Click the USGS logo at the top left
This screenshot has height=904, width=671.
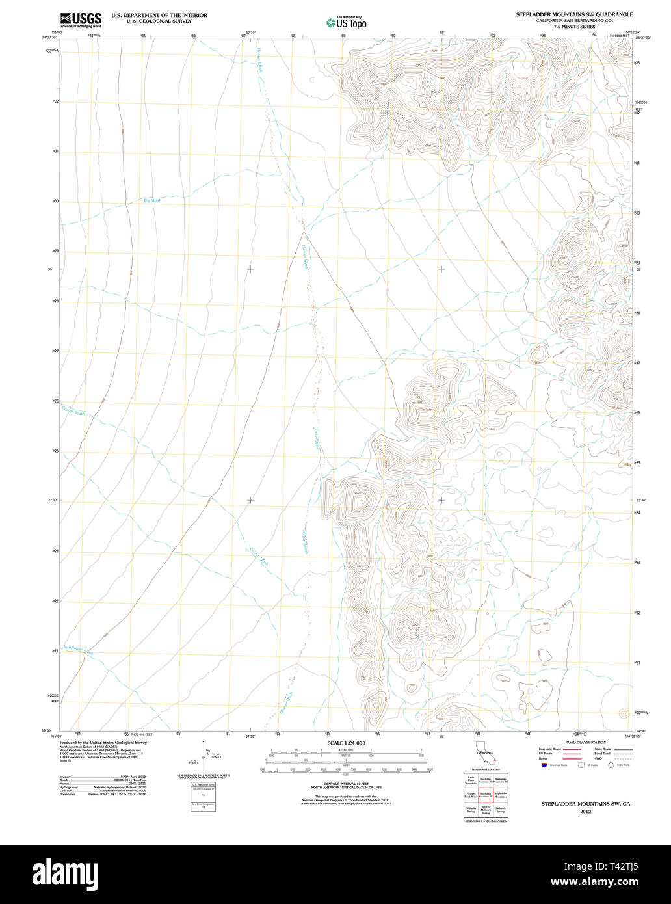tap(76, 20)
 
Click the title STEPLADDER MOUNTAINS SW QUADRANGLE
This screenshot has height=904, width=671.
tap(574, 14)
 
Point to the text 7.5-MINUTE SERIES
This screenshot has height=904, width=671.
tap(574, 27)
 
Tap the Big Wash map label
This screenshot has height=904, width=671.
tap(152, 201)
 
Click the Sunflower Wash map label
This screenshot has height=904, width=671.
tap(78, 650)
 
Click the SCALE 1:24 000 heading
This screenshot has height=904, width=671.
tap(346, 743)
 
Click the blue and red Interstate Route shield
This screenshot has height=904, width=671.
tap(543, 765)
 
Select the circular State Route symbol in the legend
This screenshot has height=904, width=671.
tap(611, 765)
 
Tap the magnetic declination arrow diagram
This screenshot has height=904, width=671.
tap(207, 756)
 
